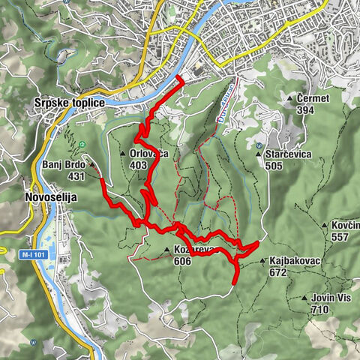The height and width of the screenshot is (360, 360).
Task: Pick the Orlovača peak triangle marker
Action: click(x=123, y=154)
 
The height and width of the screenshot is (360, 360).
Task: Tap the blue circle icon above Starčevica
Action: click(x=259, y=145)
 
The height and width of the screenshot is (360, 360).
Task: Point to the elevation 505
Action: click(x=273, y=166)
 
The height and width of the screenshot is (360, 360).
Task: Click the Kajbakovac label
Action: click(x=293, y=262)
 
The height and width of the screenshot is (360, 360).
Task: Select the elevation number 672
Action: click(x=279, y=274)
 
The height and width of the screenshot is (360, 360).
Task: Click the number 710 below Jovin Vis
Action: click(x=320, y=309)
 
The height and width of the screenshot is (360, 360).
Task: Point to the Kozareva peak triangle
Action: click(x=166, y=250)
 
